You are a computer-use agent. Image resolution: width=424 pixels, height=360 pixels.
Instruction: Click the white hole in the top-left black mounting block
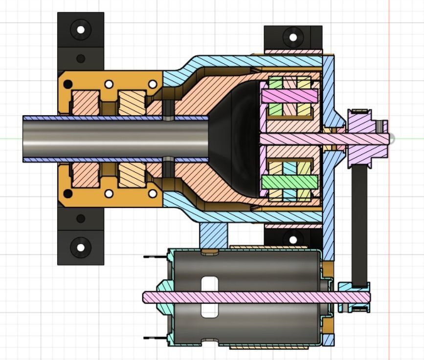coord(81,30)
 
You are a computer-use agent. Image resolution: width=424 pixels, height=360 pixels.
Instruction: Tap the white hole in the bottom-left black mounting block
coord(81,247)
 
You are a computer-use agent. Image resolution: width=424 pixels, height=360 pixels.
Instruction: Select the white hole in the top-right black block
coord(293,37)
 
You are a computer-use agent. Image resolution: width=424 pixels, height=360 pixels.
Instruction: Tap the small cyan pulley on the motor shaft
coord(354,297)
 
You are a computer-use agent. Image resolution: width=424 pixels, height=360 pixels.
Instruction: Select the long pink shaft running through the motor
coord(254,297)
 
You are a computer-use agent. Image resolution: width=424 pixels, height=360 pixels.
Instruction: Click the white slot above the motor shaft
coord(210,283)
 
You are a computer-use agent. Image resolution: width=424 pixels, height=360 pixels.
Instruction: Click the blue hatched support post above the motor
coord(214,234)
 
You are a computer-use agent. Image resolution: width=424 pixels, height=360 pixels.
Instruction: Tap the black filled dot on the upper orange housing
coord(68,84)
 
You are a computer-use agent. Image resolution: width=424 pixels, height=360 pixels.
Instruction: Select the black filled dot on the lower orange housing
coord(68,194)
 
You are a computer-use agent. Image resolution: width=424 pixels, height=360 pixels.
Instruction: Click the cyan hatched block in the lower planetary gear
coord(290,169)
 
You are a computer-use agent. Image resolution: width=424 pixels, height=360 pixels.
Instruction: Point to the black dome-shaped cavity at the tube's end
coord(235,139)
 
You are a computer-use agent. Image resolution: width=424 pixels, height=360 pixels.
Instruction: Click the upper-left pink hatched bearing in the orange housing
coord(86,103)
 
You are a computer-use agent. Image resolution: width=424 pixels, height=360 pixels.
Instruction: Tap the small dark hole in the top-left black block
coord(81,59)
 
